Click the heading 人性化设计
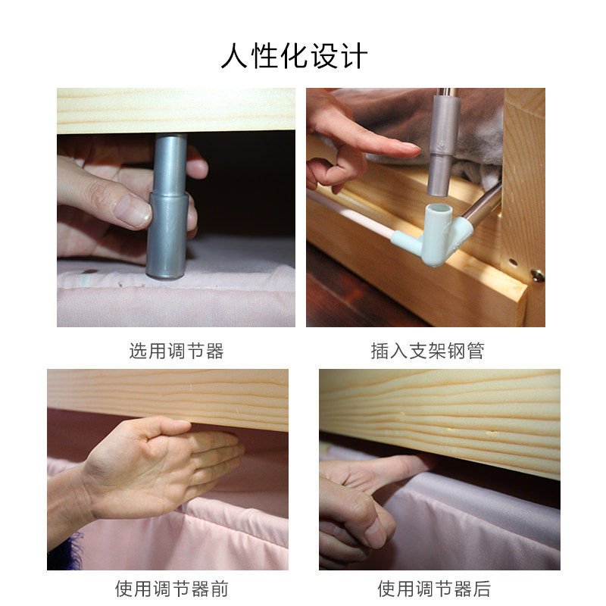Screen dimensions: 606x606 coord(294,56)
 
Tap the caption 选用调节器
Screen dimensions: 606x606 coord(176,351)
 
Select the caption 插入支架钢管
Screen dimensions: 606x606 coord(427,351)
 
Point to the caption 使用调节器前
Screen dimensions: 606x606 coord(172,589)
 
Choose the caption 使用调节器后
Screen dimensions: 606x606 coord(434,589)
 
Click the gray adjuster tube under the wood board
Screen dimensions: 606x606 coord(168,206)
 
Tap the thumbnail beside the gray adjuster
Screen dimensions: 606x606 coord(134,211)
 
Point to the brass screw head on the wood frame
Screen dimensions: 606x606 coord(537,275)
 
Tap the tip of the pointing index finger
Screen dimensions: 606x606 coord(417,149)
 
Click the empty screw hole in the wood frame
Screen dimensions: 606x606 coord(513,262)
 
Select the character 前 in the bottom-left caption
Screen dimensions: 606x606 coord(220,589)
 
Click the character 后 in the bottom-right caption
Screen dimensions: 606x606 coord(482,589)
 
